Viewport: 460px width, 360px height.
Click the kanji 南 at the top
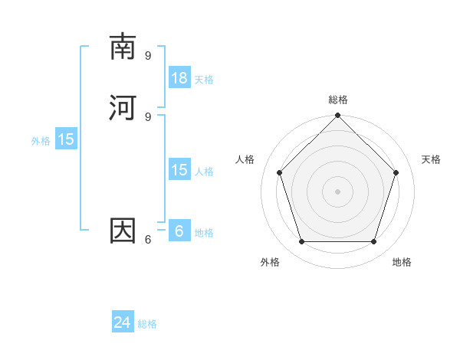[123, 47]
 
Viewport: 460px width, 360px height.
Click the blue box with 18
[179, 77]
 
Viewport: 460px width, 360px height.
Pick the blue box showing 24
[123, 322]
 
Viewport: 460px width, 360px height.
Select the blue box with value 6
[179, 231]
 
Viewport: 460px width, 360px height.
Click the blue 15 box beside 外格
[66, 139]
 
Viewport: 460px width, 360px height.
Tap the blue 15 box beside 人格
[179, 170]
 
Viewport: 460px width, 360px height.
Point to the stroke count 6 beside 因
[147, 239]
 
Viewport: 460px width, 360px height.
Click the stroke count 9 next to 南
[148, 55]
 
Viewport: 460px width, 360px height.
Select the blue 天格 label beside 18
[204, 80]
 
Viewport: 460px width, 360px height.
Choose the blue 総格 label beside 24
[147, 324]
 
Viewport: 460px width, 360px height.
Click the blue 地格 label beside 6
[204, 233]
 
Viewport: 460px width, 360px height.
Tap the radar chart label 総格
[338, 100]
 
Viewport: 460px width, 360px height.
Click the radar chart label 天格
[432, 159]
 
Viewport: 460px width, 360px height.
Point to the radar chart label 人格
[245, 159]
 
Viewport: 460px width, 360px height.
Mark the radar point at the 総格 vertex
[338, 116]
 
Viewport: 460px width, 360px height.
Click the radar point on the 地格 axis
[374, 241]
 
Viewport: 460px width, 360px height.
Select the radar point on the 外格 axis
[301, 241]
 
